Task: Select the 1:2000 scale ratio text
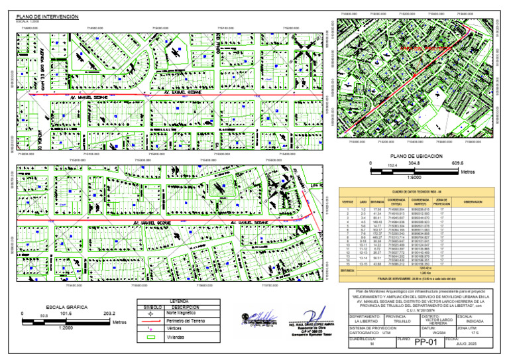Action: [x=66, y=327]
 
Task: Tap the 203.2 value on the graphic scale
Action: [x=110, y=313]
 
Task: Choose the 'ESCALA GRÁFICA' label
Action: [x=66, y=307]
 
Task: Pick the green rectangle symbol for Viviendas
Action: [x=151, y=336]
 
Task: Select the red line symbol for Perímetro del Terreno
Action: [x=151, y=321]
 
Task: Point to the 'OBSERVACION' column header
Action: [x=472, y=201]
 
